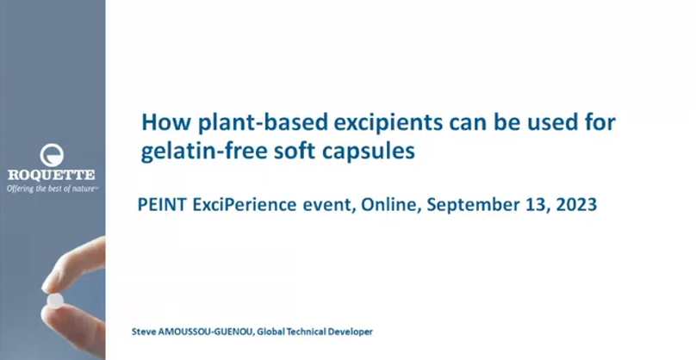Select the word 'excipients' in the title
(x=388, y=123)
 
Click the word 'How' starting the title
(x=166, y=122)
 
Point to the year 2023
(x=576, y=205)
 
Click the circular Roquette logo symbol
(x=52, y=155)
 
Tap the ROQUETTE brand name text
(x=51, y=175)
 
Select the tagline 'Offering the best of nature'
(x=52, y=189)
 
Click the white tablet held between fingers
(x=55, y=300)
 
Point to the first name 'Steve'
(x=140, y=332)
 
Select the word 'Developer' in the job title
(x=354, y=332)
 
